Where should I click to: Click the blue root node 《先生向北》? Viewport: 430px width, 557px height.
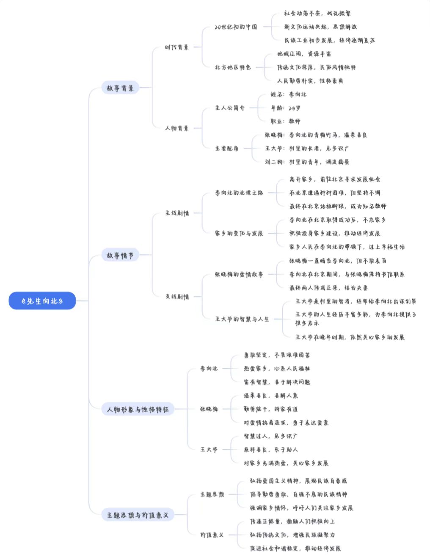click(x=42, y=301)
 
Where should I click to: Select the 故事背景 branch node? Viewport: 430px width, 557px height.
click(x=120, y=88)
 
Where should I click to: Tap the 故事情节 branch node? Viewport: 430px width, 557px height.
click(x=120, y=255)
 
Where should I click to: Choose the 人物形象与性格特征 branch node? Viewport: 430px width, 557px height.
click(x=138, y=409)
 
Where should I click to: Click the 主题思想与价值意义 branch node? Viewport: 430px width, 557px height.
click(x=138, y=515)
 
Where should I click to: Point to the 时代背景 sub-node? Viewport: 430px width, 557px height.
click(x=177, y=47)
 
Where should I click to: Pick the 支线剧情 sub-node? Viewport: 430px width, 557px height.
click(x=177, y=297)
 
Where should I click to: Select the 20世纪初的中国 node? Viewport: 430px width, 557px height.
click(x=236, y=27)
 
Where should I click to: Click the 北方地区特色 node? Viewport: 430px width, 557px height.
click(x=233, y=67)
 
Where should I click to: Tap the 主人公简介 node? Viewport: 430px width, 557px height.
click(x=230, y=108)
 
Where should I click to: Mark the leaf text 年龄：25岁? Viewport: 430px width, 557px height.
click(x=286, y=108)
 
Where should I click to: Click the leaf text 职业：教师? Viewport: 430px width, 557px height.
click(x=286, y=121)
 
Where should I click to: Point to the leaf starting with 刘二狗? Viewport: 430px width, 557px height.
click(x=307, y=162)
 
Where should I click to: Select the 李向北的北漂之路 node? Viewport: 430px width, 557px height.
click(x=239, y=193)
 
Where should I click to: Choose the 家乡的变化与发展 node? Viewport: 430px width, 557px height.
click(x=239, y=233)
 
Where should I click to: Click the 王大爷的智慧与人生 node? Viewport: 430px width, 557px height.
click(x=242, y=319)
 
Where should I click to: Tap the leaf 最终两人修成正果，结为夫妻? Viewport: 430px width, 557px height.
click(x=328, y=288)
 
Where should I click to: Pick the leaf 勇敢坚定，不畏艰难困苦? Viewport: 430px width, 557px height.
click(x=277, y=355)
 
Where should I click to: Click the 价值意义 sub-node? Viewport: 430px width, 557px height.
click(x=212, y=535)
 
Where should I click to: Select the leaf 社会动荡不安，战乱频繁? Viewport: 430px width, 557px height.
click(x=317, y=13)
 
